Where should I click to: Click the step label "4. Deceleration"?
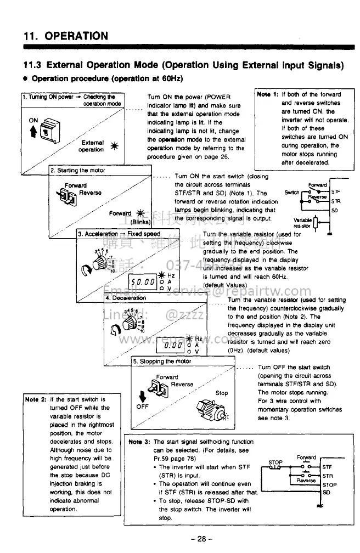(126, 298)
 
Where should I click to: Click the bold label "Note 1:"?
(268, 94)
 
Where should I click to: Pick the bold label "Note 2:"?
(35, 399)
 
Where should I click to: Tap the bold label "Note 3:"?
(139, 442)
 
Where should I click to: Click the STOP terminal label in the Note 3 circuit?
(329, 485)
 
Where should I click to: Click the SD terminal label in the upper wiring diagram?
(334, 209)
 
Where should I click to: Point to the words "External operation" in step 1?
(91, 145)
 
